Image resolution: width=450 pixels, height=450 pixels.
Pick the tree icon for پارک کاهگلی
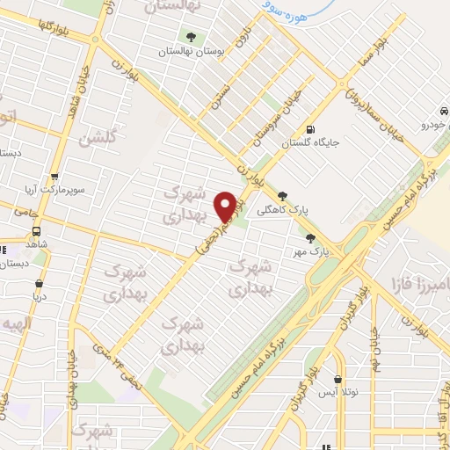click(281, 196)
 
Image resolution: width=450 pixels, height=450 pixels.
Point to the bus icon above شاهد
click(36, 230)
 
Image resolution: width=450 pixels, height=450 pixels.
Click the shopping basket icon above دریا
click(40, 284)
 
